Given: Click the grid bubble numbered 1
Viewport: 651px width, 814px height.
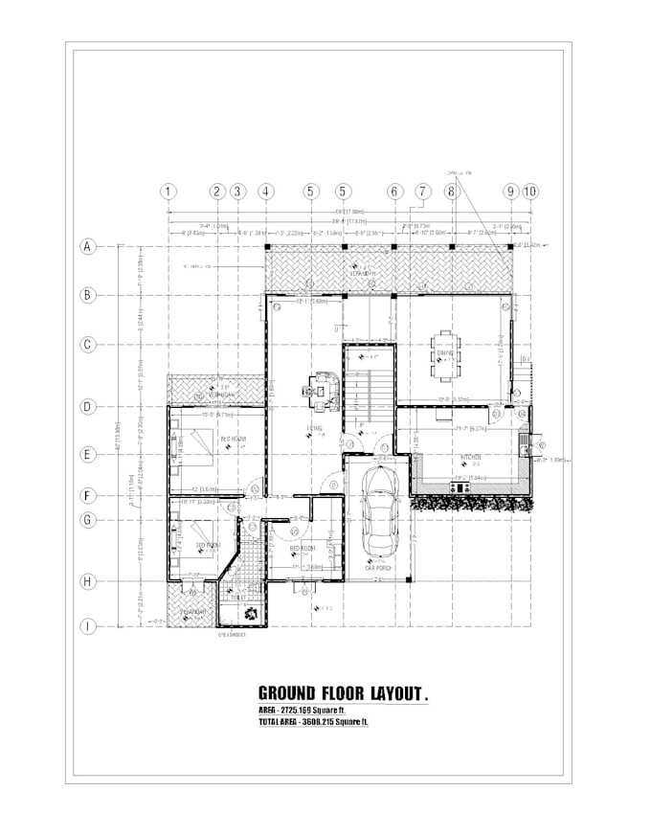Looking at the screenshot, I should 168,192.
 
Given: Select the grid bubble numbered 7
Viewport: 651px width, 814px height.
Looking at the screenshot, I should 422,192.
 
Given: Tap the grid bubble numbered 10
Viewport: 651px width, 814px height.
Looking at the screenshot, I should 530,192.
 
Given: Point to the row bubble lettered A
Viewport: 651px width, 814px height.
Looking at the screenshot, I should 88,246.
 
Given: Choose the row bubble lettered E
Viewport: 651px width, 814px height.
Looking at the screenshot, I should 88,455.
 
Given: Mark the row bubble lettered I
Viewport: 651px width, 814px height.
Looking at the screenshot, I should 88,627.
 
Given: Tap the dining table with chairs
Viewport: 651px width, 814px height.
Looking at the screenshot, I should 447,353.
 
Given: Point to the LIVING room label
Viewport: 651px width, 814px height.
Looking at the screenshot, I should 314,428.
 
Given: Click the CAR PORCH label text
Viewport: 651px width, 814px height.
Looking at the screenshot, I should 379,568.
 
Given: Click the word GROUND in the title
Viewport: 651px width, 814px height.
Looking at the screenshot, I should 294,691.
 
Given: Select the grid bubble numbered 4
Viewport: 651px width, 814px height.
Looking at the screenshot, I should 265,192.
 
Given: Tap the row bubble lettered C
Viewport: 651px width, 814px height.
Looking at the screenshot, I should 88,345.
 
